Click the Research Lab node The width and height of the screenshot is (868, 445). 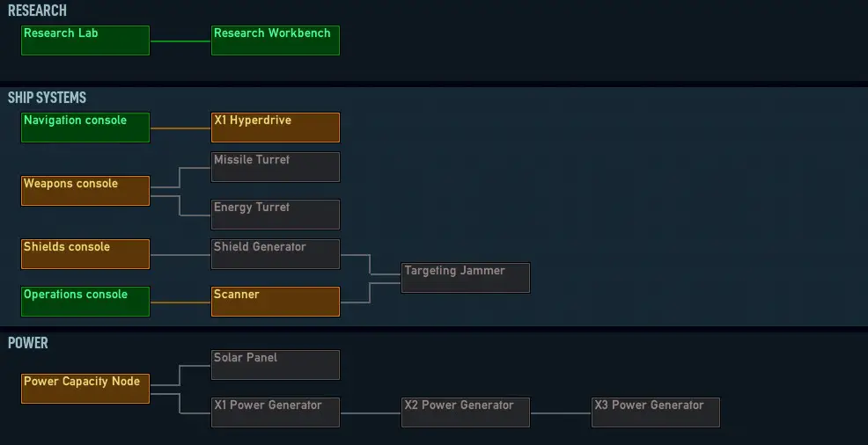85,40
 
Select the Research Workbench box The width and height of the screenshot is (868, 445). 276,40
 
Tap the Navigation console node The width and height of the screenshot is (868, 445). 85,128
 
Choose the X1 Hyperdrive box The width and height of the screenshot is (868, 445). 276,128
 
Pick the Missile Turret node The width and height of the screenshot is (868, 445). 276,167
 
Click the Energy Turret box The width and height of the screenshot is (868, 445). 276,215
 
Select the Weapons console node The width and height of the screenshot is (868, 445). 85,191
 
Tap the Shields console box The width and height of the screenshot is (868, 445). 85,254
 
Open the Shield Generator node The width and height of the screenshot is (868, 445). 276,254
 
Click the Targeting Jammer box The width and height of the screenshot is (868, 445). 466,278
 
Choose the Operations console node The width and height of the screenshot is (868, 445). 85,302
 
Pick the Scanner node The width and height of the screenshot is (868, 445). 276,302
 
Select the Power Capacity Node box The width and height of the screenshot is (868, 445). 85,389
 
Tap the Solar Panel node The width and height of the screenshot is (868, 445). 276,365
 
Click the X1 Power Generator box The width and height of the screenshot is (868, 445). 276,412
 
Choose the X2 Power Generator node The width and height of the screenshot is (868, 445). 466,412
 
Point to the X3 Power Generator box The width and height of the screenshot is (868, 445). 656,412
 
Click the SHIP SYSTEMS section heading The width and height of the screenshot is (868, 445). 47,98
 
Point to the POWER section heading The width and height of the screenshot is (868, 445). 27,343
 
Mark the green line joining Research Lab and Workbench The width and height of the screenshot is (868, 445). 180,41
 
